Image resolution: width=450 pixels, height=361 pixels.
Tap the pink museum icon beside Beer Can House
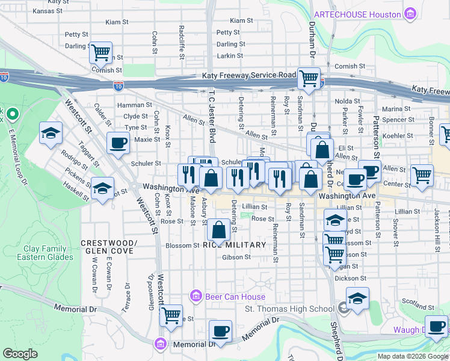(195, 296)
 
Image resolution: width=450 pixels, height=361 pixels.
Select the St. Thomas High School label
(289, 309)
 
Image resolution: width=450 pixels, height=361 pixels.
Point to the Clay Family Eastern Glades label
(48, 253)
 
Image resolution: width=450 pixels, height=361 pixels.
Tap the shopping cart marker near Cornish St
(101, 52)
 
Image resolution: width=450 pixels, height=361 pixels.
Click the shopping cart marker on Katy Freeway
(309, 78)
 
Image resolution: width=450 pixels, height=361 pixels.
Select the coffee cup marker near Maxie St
(118, 144)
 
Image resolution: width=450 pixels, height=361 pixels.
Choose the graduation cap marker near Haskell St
(103, 189)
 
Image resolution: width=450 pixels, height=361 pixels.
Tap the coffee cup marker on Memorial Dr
(220, 332)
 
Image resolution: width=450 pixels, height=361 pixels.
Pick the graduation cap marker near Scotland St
(357, 298)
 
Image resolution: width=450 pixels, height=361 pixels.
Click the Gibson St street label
(236, 257)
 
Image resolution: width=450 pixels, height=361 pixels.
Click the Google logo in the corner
(19, 354)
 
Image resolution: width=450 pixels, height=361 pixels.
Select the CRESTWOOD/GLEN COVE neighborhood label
(109, 247)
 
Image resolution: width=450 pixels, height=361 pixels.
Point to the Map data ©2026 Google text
(413, 356)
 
